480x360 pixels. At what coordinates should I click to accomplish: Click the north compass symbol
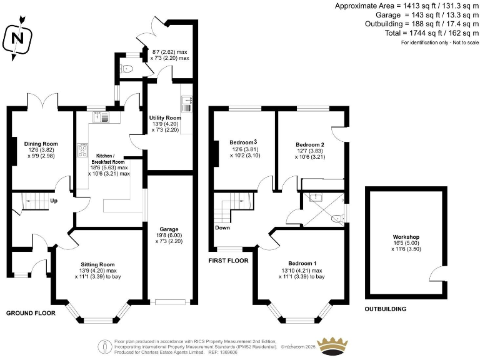pos(18,39)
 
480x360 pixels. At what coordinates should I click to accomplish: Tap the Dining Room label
pos(36,142)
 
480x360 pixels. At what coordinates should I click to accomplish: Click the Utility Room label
pos(165,117)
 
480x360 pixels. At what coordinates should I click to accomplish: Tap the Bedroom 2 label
pos(309,144)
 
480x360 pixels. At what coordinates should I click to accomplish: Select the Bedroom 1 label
pos(302,262)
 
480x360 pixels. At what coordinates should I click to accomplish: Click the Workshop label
pos(406,237)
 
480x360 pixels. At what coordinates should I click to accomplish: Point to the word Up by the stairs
pos(54,201)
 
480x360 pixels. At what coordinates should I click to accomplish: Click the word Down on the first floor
pos(222,228)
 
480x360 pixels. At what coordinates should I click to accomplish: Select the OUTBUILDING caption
pos(386,309)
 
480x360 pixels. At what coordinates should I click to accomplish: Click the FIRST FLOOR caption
pos(229,260)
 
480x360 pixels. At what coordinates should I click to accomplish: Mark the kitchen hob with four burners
pos(82,150)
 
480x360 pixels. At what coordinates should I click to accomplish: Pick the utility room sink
pos(187,102)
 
